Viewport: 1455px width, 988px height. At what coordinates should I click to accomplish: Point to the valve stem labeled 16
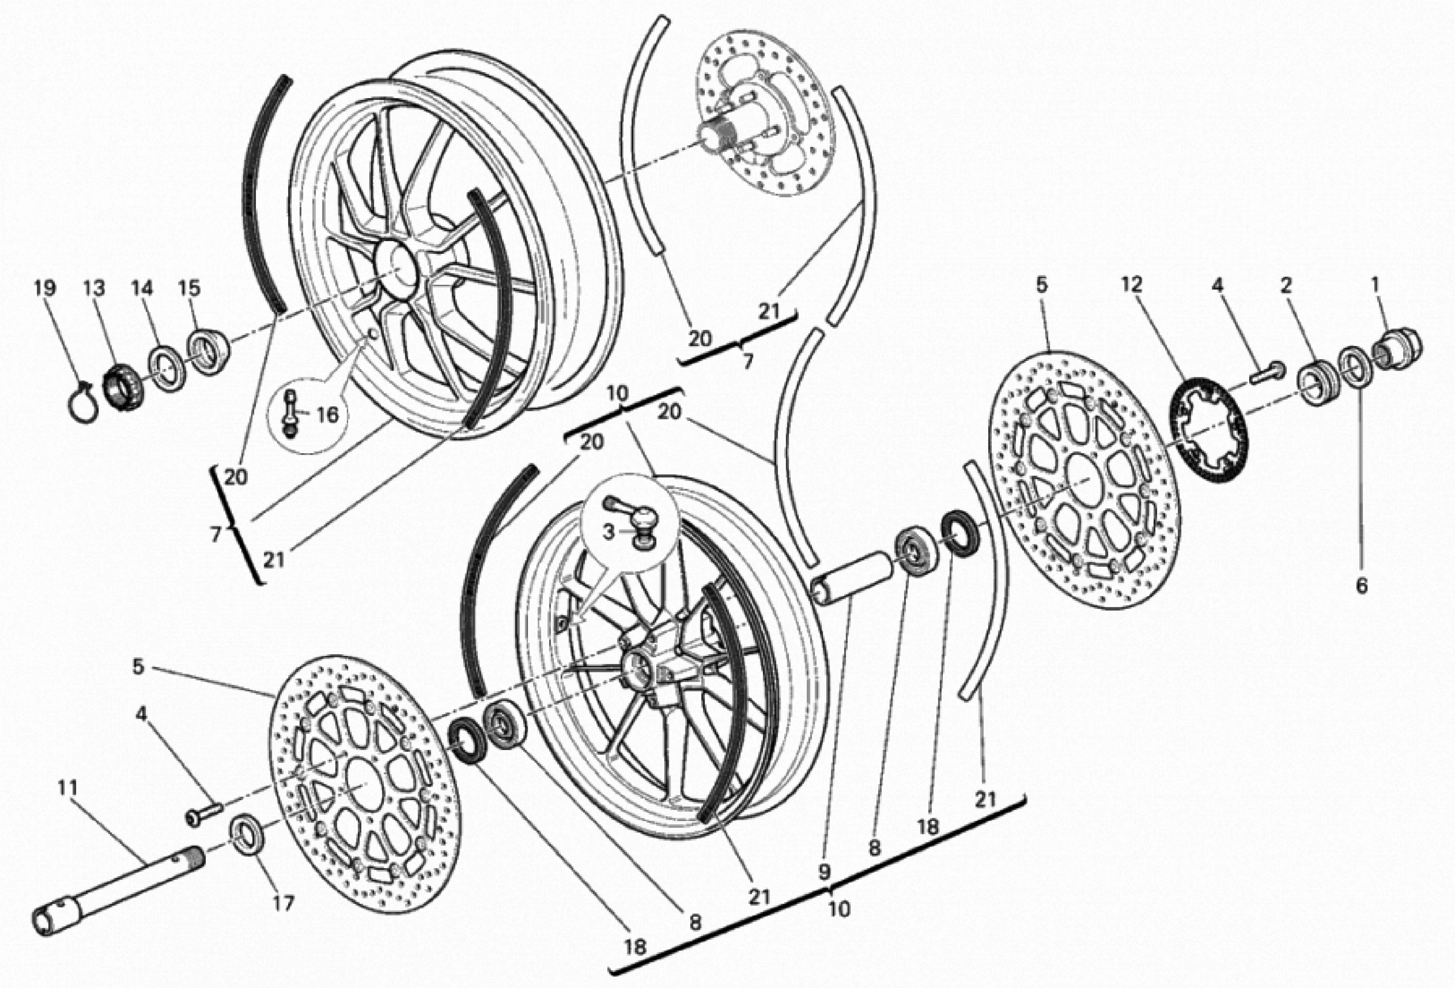(x=290, y=414)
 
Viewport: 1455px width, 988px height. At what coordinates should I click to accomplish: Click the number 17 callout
(x=283, y=903)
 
